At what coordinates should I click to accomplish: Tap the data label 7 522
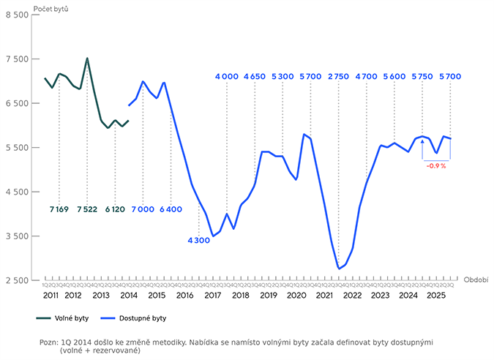87,209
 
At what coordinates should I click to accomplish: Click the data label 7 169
59,209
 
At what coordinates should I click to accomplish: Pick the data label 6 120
116,209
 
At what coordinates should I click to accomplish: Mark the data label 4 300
199,240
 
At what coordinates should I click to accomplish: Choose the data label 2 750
339,76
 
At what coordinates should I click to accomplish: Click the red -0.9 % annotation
436,166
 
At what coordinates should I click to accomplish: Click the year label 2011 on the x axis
51,294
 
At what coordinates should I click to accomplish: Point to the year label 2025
437,294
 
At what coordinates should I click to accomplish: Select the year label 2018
241,294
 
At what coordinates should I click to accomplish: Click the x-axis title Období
476,280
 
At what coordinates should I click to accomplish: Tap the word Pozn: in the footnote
50,342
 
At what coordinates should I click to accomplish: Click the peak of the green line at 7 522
87,59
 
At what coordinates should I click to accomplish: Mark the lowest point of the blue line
339,269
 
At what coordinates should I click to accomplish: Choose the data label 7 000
143,209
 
